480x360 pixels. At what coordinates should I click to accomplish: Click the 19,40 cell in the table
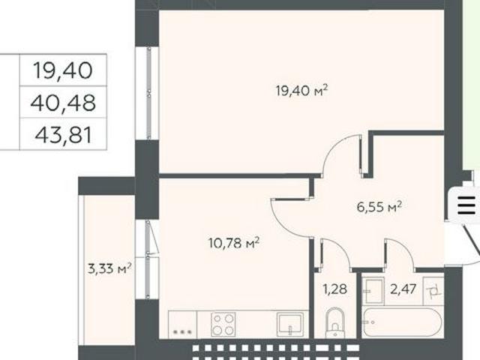tap(63, 70)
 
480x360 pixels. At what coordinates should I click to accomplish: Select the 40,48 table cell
tap(63, 103)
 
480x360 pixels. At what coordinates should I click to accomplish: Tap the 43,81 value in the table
tap(63, 135)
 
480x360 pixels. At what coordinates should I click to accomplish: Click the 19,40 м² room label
tap(301, 91)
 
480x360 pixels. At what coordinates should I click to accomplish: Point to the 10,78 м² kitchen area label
tap(234, 243)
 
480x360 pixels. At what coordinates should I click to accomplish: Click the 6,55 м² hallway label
tap(379, 207)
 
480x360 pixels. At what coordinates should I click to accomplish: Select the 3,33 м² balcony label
tap(109, 268)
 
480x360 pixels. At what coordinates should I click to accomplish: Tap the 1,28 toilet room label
tap(335, 289)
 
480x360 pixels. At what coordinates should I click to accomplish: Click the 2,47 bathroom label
tap(403, 289)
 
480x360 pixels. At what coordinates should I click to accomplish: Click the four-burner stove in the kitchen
tap(223, 325)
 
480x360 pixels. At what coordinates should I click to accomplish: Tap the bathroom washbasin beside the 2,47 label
tap(373, 291)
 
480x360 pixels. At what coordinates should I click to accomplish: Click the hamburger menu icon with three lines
tap(466, 205)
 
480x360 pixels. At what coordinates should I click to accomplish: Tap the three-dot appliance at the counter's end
tap(182, 331)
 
